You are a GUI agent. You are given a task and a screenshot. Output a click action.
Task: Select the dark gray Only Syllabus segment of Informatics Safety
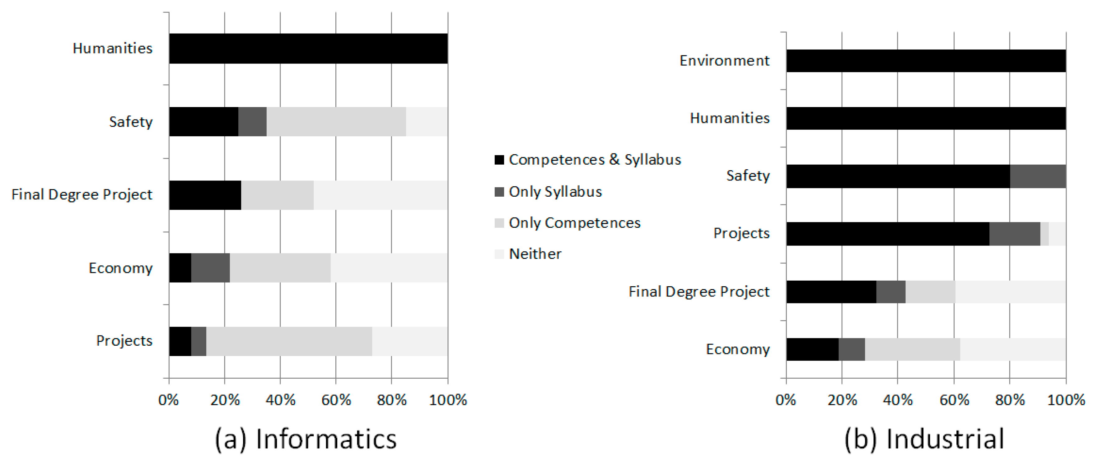252,121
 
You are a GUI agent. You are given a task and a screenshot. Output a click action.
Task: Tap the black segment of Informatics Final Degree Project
205,195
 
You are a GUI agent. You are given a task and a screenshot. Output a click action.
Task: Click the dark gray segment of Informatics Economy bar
210,268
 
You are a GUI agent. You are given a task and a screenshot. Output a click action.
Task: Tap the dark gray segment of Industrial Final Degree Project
890,292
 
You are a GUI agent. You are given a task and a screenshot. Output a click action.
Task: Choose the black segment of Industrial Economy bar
812,349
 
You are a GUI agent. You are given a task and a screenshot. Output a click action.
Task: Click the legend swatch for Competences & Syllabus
499,160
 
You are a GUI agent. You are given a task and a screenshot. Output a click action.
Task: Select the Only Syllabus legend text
555,192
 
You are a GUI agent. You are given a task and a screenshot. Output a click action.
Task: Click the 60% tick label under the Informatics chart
336,400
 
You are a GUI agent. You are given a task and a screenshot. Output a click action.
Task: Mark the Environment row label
724,61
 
